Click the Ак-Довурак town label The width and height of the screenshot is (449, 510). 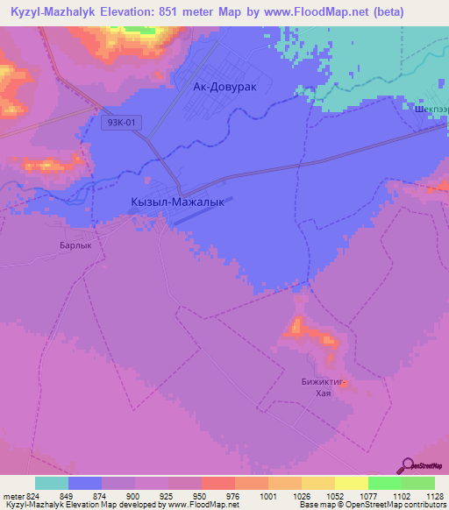pos(230,88)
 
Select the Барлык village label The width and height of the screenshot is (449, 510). pos(76,246)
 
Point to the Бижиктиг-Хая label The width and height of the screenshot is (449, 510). pos(324,388)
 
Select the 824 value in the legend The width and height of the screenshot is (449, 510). pos(27,496)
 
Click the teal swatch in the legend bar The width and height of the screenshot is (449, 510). pos(52,483)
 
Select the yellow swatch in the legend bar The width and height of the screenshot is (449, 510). pos(351,483)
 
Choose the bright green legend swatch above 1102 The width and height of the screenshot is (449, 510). pos(384,483)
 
